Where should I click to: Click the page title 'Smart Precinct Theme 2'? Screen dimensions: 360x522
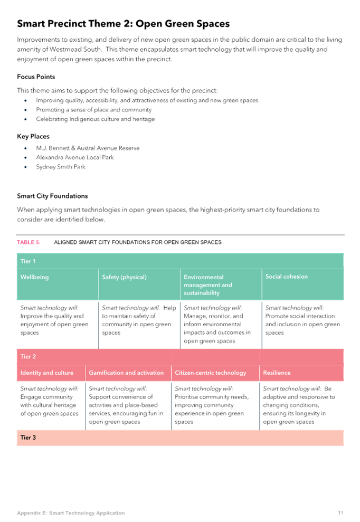pos(73,24)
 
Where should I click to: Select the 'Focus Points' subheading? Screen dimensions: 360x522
pos(36,77)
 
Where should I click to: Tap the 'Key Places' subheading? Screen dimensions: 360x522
pos(33,137)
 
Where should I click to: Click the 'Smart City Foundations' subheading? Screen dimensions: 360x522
pos(52,196)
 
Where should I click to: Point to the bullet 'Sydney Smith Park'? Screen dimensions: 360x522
pos(61,167)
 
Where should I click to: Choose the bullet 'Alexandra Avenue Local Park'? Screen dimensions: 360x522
pos(75,157)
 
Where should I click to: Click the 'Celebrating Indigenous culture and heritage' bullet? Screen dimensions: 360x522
pos(95,119)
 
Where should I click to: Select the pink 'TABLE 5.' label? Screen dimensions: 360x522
pos(29,242)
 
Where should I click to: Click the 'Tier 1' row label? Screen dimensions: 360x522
pos(28,261)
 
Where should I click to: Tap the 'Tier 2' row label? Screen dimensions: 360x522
pos(28,357)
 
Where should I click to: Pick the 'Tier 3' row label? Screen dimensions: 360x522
pos(28,438)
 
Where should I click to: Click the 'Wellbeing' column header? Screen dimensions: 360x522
pos(34,277)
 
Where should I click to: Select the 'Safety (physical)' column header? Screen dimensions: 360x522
pos(124,277)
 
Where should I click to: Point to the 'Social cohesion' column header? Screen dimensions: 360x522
pos(287,277)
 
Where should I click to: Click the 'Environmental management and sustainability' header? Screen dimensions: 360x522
pos(208,285)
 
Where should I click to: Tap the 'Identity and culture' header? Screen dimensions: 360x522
pos(47,373)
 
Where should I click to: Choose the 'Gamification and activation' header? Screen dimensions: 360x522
pos(126,373)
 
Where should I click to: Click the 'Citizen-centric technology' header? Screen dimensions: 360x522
pos(211,373)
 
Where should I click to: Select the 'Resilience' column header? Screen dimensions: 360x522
pos(277,373)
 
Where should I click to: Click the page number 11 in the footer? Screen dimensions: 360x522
pos(340,512)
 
